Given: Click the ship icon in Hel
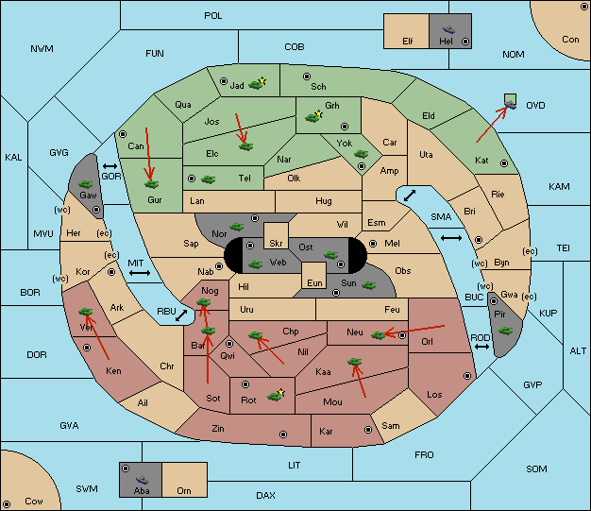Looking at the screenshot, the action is pos(448,29).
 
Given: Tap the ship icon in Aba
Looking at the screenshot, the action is pos(143,480).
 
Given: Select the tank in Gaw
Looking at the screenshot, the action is pos(86,184).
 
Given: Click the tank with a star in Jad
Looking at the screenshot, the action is pos(257,84).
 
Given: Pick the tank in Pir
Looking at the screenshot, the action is pos(505,331).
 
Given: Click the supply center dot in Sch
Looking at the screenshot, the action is pos(307,77).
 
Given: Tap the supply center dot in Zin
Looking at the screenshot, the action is pos(283,434).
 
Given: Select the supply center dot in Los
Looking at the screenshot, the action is pos(467,376).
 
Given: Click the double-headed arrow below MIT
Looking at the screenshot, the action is pos(140,273).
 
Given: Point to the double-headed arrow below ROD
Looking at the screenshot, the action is pos(481,347).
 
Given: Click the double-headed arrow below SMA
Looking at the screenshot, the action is pos(451,238).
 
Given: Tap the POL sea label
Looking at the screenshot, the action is pos(213,16).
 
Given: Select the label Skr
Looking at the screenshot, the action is pos(276,244).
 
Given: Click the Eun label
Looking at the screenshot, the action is pos(314,283).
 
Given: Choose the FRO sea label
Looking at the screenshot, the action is pos(424,455).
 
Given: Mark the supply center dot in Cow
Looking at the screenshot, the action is pos(7,504).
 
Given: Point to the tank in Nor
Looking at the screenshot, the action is pos(237,227).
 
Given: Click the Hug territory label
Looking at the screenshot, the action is pos(324,201).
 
